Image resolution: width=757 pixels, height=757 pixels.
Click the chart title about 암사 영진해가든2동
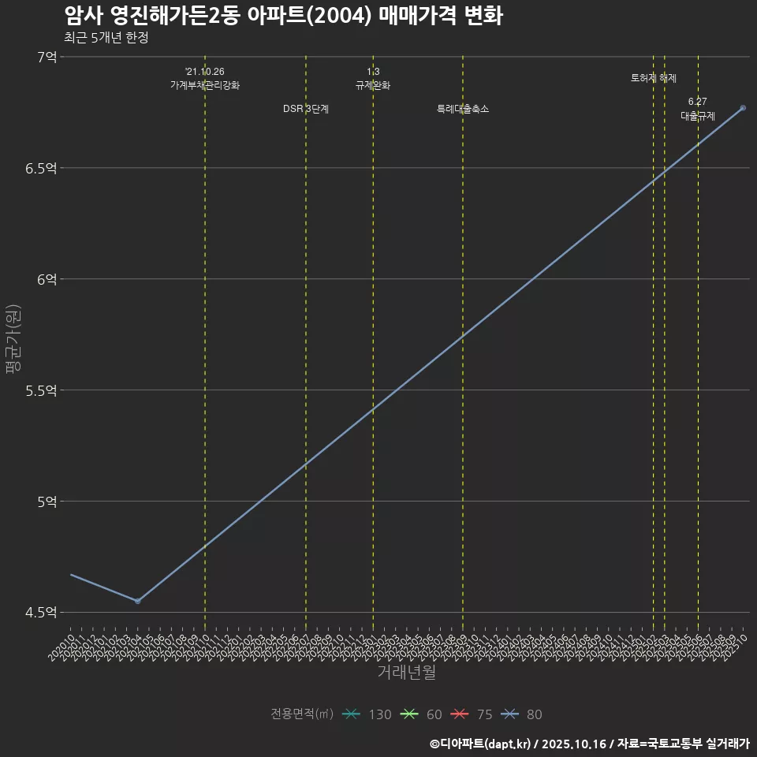pyautogui.click(x=282, y=16)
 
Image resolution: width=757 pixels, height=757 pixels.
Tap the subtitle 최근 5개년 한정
pyautogui.click(x=106, y=37)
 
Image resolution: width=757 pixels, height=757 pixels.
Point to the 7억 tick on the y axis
pyautogui.click(x=46, y=57)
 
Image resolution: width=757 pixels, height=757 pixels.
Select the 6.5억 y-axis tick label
pyautogui.click(x=41, y=168)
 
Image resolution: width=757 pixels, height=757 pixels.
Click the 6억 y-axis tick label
pyautogui.click(x=46, y=279)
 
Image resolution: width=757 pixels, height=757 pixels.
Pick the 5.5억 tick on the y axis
pyautogui.click(x=41, y=390)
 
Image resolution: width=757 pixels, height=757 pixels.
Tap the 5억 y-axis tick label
pyautogui.click(x=46, y=502)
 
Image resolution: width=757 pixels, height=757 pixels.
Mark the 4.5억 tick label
pyautogui.click(x=41, y=613)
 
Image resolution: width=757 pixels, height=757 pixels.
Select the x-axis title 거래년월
pyautogui.click(x=406, y=672)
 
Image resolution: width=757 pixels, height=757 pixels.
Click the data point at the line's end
pyautogui.click(x=743, y=108)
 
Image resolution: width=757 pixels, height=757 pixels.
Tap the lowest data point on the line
pyautogui.click(x=137, y=601)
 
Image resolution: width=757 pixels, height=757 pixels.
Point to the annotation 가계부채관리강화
pyautogui.click(x=205, y=85)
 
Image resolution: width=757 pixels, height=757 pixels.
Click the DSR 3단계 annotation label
pyautogui.click(x=306, y=109)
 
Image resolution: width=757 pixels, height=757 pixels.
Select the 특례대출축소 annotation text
pyautogui.click(x=463, y=109)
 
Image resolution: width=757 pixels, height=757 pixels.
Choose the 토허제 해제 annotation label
pyautogui.click(x=654, y=78)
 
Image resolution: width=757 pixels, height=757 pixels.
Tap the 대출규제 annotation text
pyautogui.click(x=698, y=116)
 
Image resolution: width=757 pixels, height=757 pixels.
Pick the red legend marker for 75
pyautogui.click(x=460, y=714)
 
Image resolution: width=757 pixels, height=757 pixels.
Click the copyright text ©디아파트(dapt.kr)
pyautogui.click(x=481, y=743)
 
